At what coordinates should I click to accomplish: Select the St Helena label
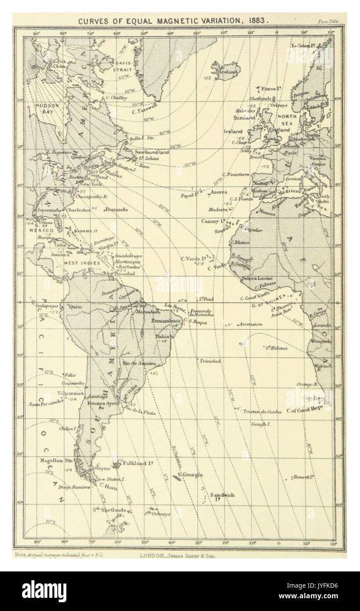click(x=276, y=348)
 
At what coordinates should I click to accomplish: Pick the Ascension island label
click(x=250, y=324)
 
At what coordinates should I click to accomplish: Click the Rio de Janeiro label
click(x=140, y=364)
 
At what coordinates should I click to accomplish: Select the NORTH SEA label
click(x=287, y=121)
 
